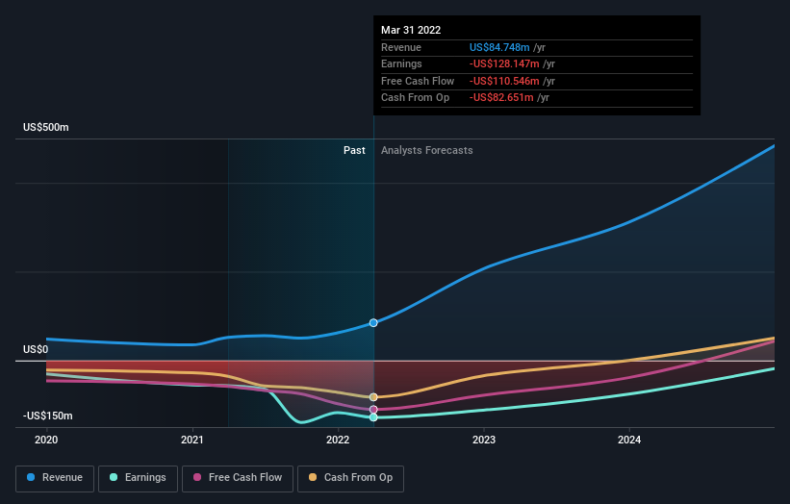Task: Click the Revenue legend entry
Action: pos(54,477)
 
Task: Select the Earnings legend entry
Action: pos(138,477)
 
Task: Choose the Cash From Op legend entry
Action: pos(351,477)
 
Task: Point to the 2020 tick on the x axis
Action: pos(46,440)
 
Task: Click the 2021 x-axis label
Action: pos(192,440)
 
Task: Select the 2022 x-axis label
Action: pos(338,440)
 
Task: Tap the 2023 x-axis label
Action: pos(484,440)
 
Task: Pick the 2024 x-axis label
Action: pos(629,440)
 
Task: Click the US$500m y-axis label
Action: pos(46,127)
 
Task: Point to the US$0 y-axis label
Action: pos(36,349)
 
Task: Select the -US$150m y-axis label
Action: pos(48,416)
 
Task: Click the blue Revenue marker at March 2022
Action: pos(373,323)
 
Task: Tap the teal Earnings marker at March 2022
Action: pos(373,417)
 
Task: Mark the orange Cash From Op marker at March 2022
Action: pos(373,397)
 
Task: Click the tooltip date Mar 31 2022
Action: pos(411,30)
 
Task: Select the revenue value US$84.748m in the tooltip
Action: pos(501,47)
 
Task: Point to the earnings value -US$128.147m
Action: pos(505,64)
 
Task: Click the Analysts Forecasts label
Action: pos(426,150)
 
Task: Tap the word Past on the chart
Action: pos(354,150)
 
